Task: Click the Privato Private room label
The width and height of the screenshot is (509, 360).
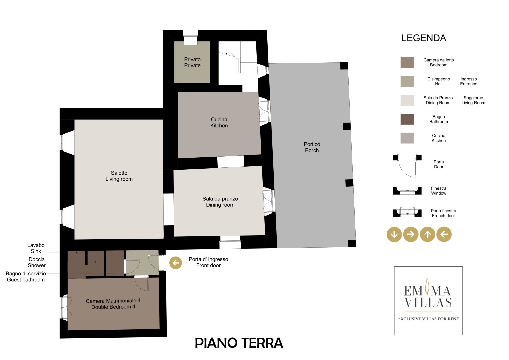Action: click(192, 62)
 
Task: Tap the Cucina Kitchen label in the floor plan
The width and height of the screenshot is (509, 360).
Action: click(219, 123)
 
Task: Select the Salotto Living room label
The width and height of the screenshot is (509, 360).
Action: click(119, 176)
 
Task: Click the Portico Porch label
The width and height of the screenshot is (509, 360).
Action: click(312, 147)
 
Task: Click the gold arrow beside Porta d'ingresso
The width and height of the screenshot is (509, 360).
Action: click(176, 263)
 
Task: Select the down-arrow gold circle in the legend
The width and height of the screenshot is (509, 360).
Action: click(394, 234)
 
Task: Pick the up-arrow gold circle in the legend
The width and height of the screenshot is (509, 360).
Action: click(427, 234)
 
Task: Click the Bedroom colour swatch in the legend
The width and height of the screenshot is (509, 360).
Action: click(407, 63)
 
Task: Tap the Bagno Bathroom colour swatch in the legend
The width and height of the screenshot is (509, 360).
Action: click(407, 119)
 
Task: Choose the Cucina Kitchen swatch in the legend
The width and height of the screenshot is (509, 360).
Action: click(407, 138)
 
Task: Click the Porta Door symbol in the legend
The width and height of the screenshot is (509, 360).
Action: click(407, 166)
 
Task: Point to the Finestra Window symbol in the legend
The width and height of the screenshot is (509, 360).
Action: click(407, 191)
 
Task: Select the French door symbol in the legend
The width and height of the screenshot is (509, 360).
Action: click(407, 212)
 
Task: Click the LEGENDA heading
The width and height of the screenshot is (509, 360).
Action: click(424, 38)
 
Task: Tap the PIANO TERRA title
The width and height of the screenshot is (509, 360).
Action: click(239, 343)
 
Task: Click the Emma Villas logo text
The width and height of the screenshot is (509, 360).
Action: click(428, 297)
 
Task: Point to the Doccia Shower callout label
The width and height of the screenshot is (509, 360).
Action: click(37, 262)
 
